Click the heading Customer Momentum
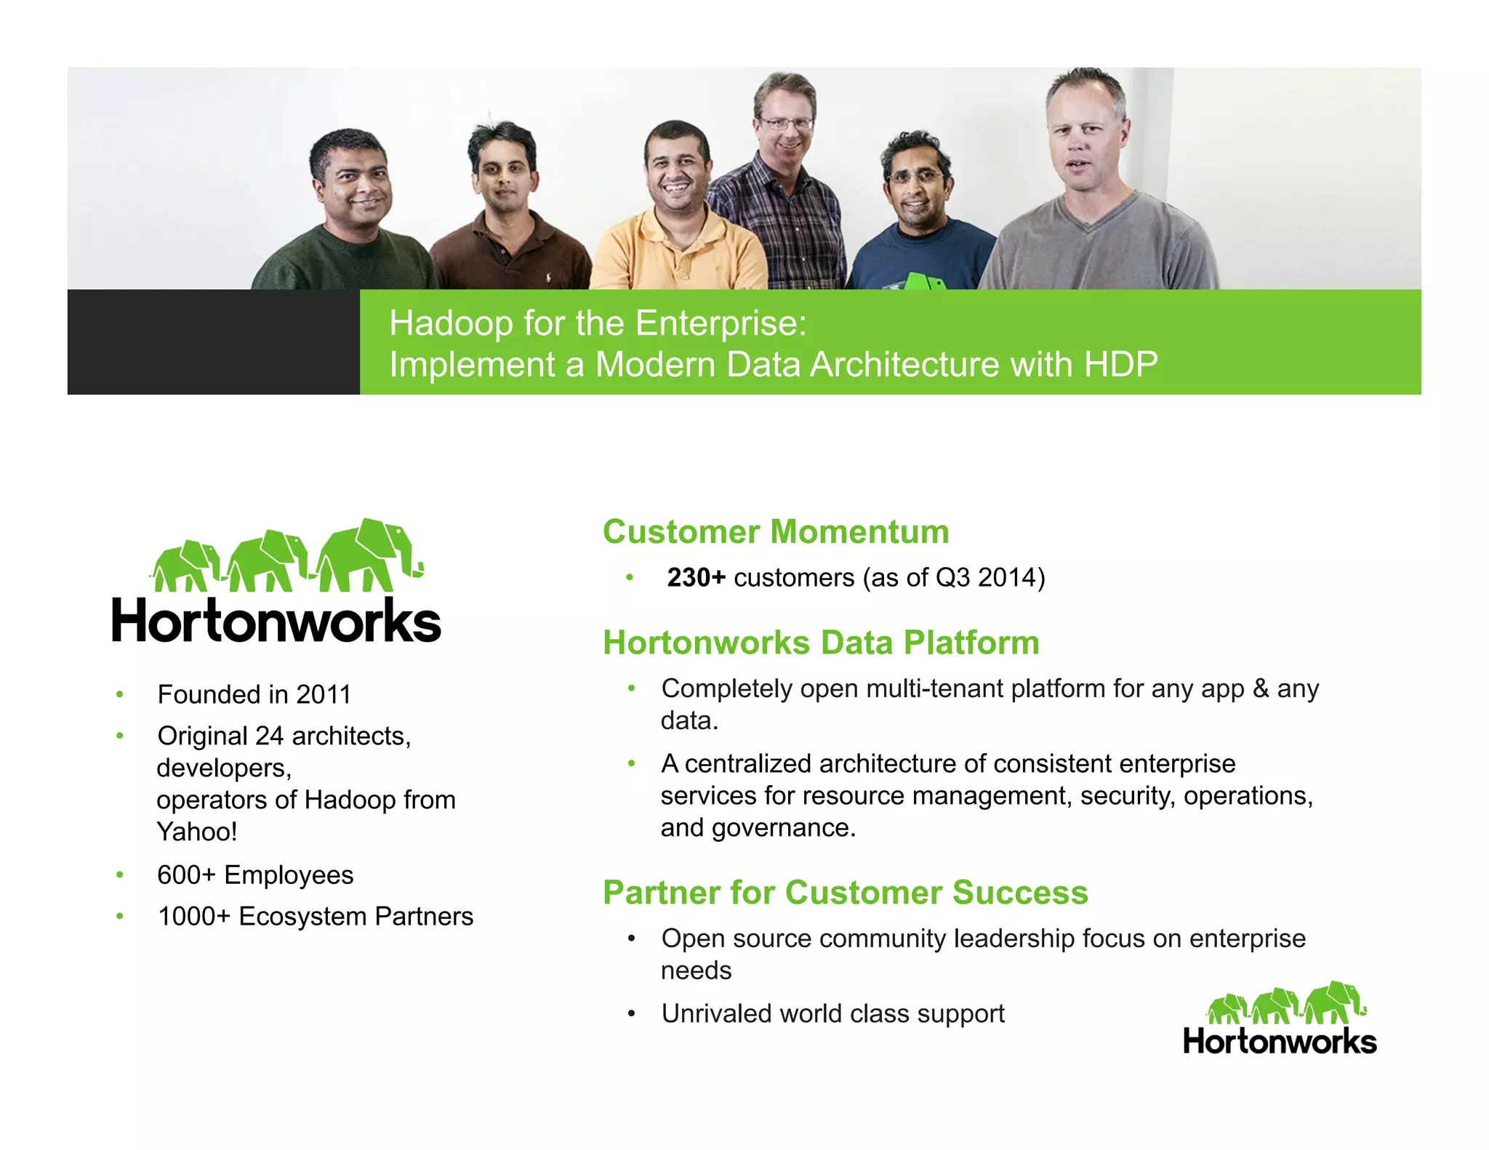click(x=775, y=532)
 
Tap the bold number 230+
click(x=696, y=578)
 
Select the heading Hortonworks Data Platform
click(x=821, y=643)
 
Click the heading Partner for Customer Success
click(x=845, y=893)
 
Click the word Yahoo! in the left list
click(x=197, y=832)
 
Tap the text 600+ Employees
click(x=255, y=875)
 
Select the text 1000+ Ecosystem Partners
click(x=316, y=917)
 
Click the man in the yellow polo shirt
click(x=678, y=211)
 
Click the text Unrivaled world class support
click(x=832, y=1014)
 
